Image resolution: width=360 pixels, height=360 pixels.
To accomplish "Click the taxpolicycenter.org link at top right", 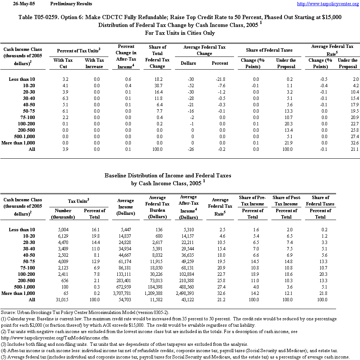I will click(x=327, y=4).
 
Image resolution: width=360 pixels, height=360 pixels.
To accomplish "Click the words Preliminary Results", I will click(x=71, y=4).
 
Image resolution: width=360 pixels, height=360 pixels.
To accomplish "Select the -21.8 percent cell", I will click(x=220, y=79).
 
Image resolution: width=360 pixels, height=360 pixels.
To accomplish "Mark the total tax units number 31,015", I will click(x=62, y=300).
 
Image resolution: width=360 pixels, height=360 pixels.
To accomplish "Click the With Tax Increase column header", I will click(x=94, y=63).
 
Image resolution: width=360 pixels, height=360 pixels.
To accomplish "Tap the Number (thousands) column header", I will click(x=63, y=214).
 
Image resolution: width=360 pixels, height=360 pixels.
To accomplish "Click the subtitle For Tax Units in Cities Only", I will click(x=179, y=33).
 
